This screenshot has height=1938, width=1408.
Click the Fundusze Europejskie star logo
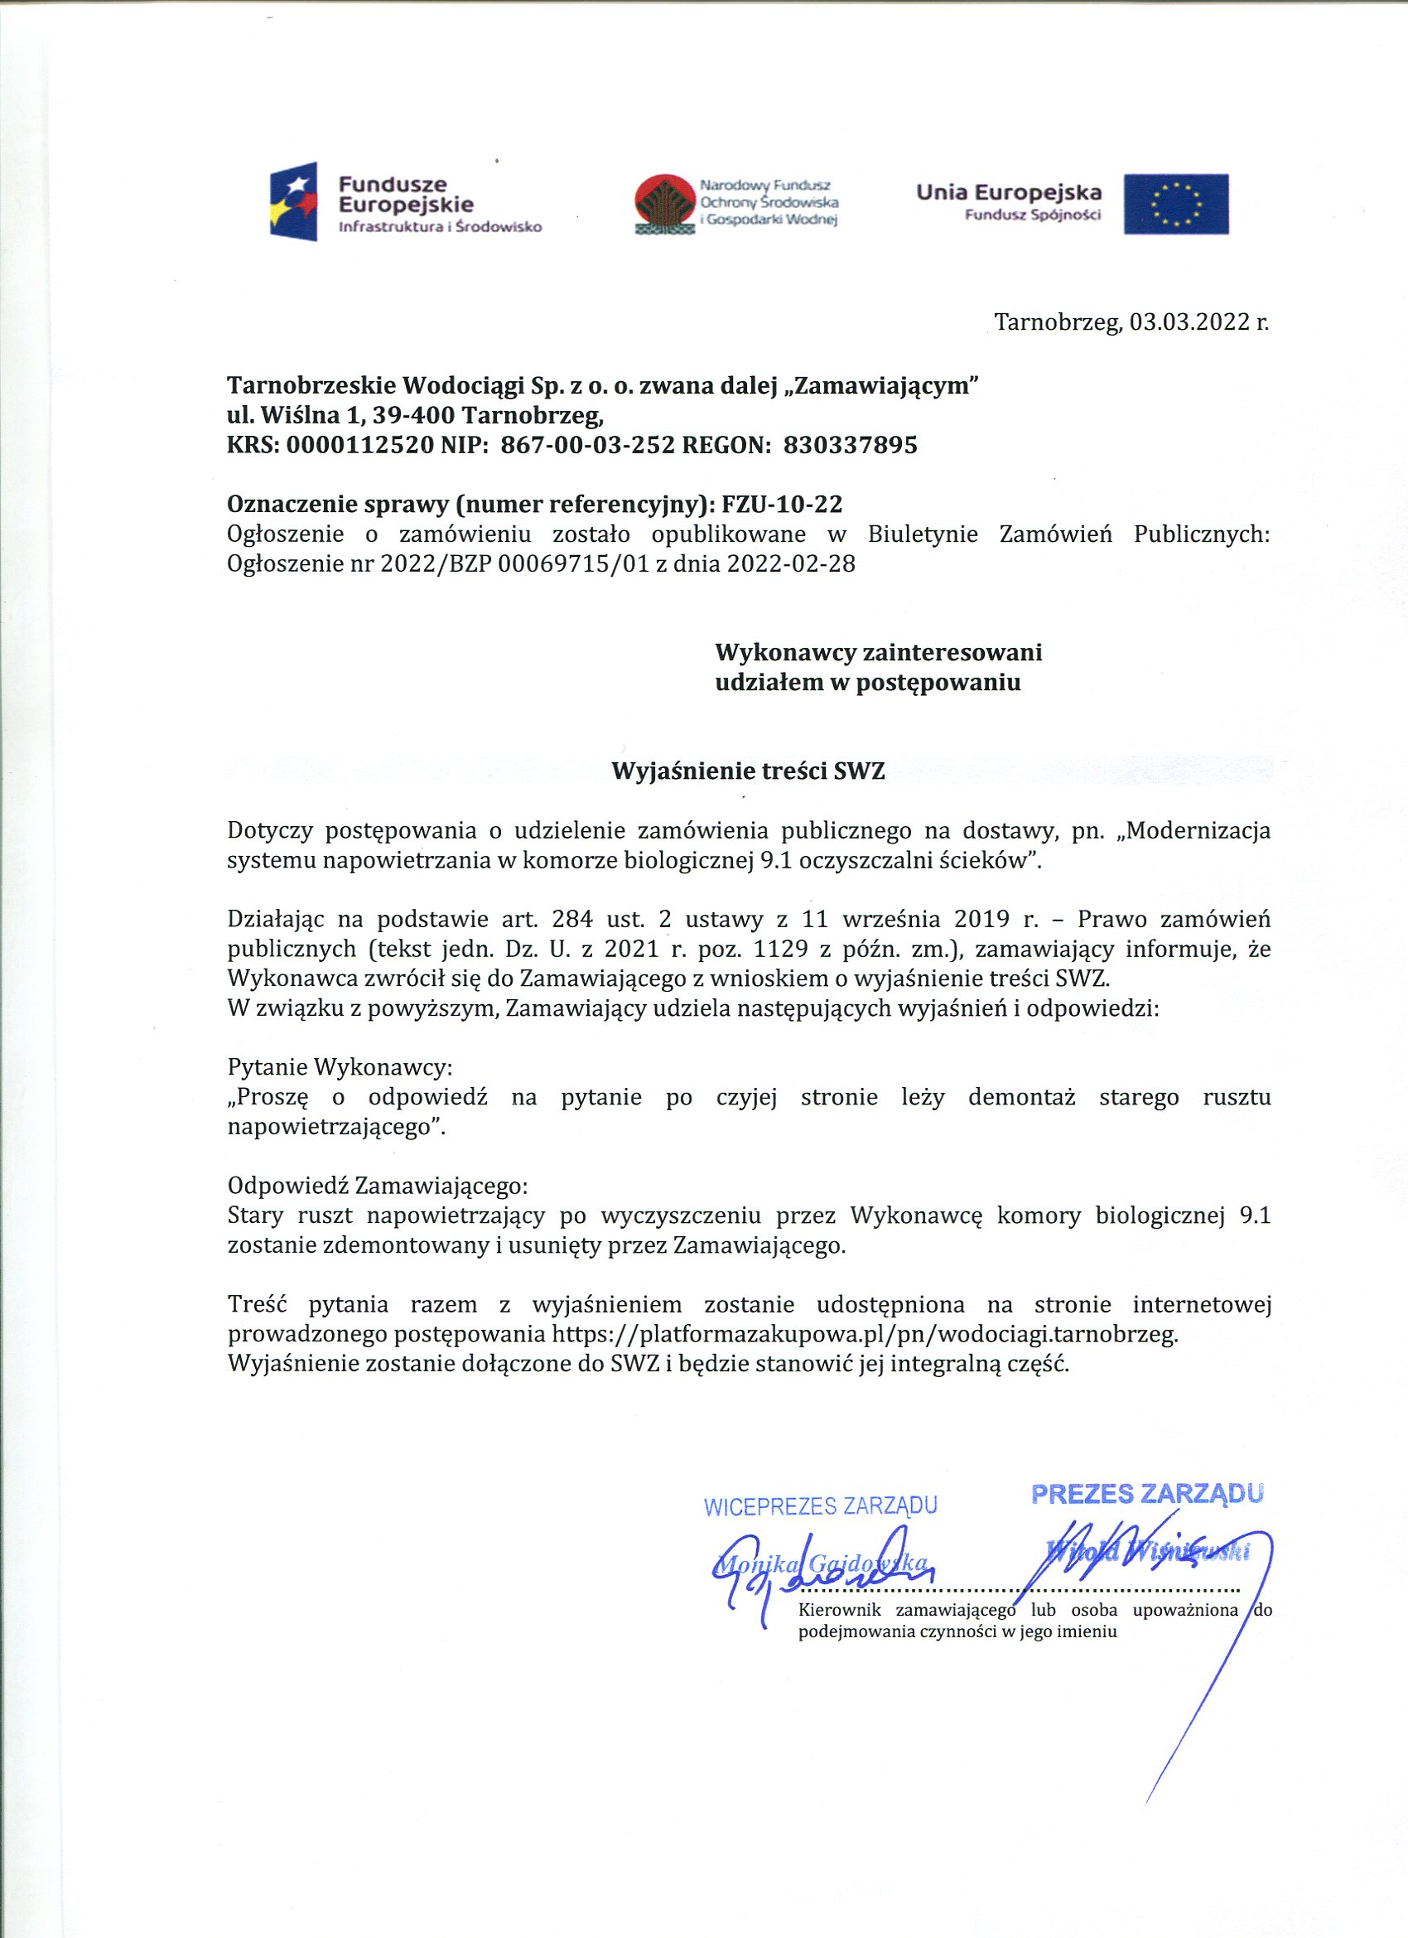(x=294, y=201)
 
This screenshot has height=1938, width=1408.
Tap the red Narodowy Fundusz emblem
(x=664, y=203)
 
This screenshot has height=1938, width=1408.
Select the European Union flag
(x=1175, y=204)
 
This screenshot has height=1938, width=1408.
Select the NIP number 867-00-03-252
(x=588, y=445)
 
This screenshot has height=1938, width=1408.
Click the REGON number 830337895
(x=850, y=445)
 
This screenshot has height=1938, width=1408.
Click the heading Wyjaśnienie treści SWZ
(x=749, y=771)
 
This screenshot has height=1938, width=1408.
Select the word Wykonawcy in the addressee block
(x=785, y=653)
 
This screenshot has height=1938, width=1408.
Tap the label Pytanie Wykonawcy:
(x=340, y=1067)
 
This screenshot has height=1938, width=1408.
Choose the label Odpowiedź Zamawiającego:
(x=378, y=1186)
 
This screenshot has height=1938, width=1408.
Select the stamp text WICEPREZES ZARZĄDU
(x=819, y=1506)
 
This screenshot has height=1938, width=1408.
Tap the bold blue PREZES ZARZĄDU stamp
(x=1147, y=1494)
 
